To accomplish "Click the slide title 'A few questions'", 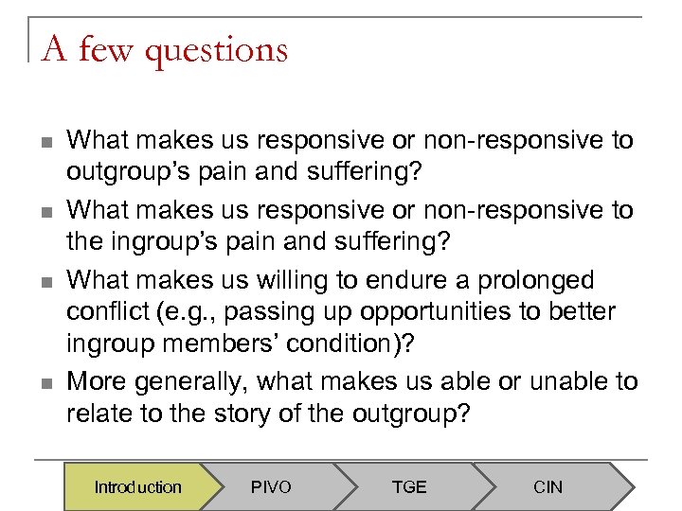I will pyautogui.click(x=164, y=48).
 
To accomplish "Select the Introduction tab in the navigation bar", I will pyautogui.click(x=137, y=487).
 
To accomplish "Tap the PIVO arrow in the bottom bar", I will pyautogui.click(x=271, y=487).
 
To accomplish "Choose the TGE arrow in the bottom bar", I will pyautogui.click(x=409, y=487).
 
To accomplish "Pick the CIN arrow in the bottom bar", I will pyautogui.click(x=547, y=487).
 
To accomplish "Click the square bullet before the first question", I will pyautogui.click(x=45, y=142).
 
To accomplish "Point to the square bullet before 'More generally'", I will pyautogui.click(x=45, y=383).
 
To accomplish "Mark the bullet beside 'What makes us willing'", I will pyautogui.click(x=45, y=282).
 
